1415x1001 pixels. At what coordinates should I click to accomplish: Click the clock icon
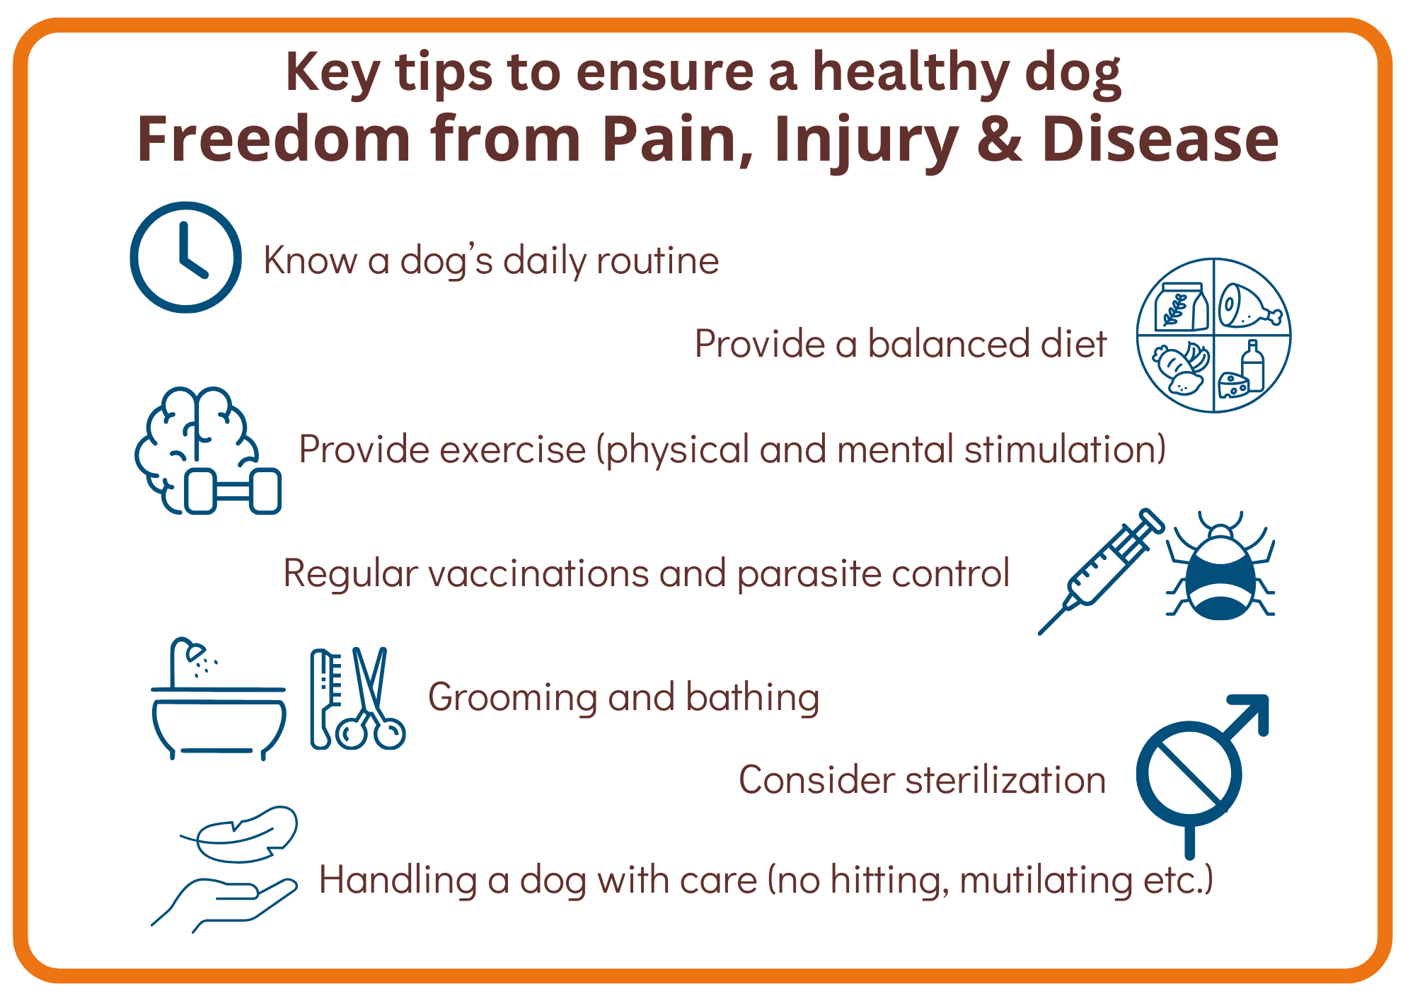coord(185,257)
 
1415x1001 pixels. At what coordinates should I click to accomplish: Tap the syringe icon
coord(1101,571)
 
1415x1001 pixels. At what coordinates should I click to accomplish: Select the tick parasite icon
coord(1220,566)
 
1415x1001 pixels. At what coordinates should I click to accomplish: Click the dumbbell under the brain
coord(233,491)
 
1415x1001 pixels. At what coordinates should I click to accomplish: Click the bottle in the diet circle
coord(1252,366)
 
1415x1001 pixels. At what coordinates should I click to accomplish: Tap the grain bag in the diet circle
coord(1182,307)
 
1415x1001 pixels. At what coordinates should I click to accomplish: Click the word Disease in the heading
coord(1160,139)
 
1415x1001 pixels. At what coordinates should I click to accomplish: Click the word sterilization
coord(1005,779)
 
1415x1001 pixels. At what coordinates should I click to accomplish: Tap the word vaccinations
coord(538,573)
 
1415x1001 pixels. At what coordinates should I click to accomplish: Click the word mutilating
coord(1046,881)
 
